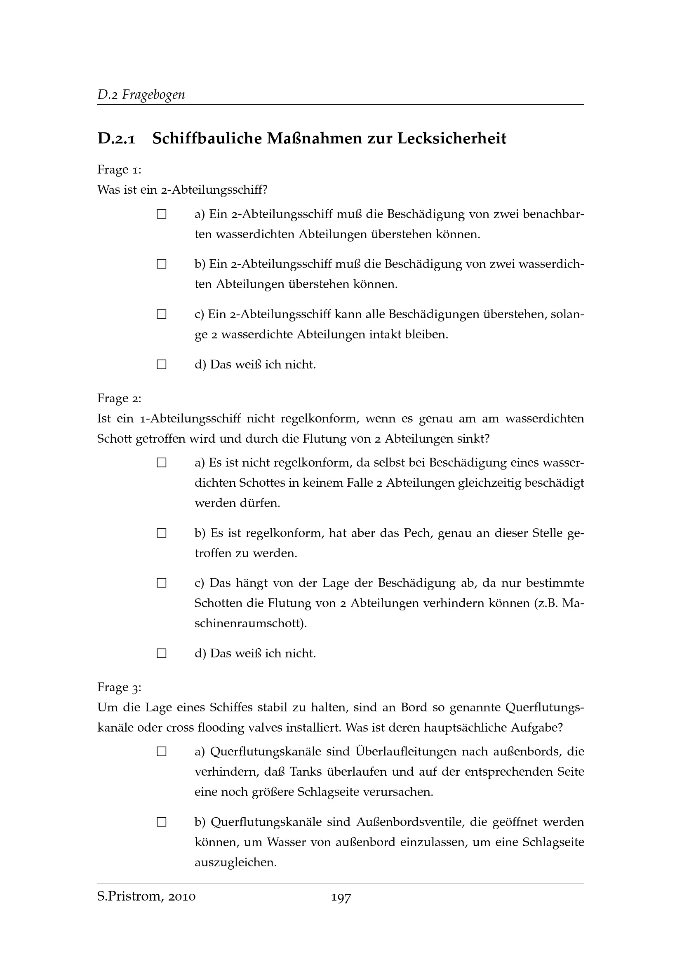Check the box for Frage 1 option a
point(162,215)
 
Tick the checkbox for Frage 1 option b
point(162,265)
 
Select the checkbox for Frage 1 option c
point(162,314)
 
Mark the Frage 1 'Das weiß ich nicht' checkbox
point(162,364)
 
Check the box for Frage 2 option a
point(162,463)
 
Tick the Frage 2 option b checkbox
point(162,533)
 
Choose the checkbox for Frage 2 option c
point(162,583)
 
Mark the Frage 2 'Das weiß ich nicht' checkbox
point(162,653)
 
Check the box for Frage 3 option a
point(162,752)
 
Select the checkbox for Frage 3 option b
point(162,822)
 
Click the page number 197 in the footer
point(341,897)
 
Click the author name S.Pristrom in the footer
point(129,897)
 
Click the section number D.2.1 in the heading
point(116,138)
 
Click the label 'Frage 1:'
point(119,170)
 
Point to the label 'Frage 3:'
point(119,687)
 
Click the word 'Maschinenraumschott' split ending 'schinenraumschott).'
point(251,624)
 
